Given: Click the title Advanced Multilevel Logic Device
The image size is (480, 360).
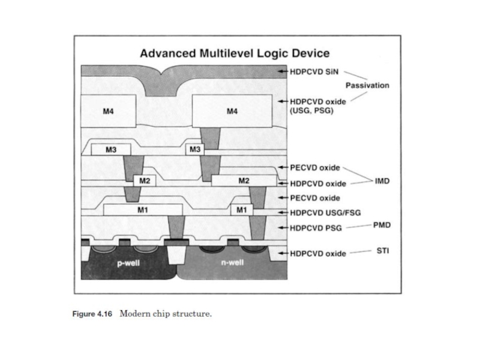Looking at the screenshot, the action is point(235,53).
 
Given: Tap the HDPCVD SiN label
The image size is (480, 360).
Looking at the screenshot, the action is point(314,72).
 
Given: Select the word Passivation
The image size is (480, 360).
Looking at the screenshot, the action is point(367,85).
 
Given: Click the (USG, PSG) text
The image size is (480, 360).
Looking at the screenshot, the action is point(311,110).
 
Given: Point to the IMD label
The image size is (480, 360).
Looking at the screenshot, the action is point(382,181).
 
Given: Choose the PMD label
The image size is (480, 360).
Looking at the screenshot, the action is point(382,225).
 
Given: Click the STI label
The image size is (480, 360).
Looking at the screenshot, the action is point(383,251).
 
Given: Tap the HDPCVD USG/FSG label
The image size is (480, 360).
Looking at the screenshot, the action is point(325,213).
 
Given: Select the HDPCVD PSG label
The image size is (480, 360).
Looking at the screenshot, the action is point(316,228).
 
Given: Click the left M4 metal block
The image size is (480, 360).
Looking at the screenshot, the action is point(109,111).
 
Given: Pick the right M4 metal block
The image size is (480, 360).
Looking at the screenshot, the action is point(232,111).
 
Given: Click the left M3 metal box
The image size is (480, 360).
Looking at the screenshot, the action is point(111,149).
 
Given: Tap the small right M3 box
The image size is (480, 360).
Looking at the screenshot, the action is point(195,149).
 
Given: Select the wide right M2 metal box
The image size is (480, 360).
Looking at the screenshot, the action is point(244,181).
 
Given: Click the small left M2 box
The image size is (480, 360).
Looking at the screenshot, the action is point(145,181).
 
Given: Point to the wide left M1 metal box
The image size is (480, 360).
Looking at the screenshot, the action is point(143,209).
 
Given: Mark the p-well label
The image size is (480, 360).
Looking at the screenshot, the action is point(128,263).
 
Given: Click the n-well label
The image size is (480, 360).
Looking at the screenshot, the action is point(232,262).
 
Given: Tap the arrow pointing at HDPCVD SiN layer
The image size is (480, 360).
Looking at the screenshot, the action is point(283,71).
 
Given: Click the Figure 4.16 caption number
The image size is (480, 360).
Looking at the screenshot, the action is point(92,314).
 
